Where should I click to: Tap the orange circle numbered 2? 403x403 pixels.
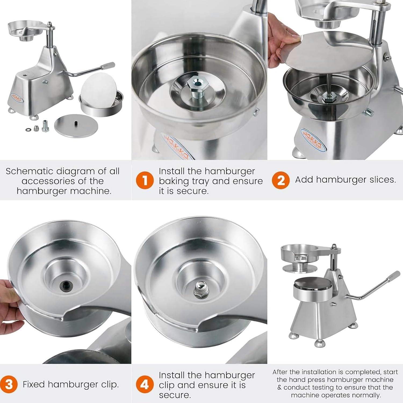tap(281, 180)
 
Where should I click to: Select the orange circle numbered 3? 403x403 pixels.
tap(9, 384)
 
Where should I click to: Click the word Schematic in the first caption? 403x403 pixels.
tap(27, 171)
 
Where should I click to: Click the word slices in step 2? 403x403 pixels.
tap(382, 179)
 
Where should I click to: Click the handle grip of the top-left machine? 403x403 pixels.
tap(109, 66)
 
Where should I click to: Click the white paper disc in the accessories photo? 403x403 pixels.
tap(99, 90)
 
